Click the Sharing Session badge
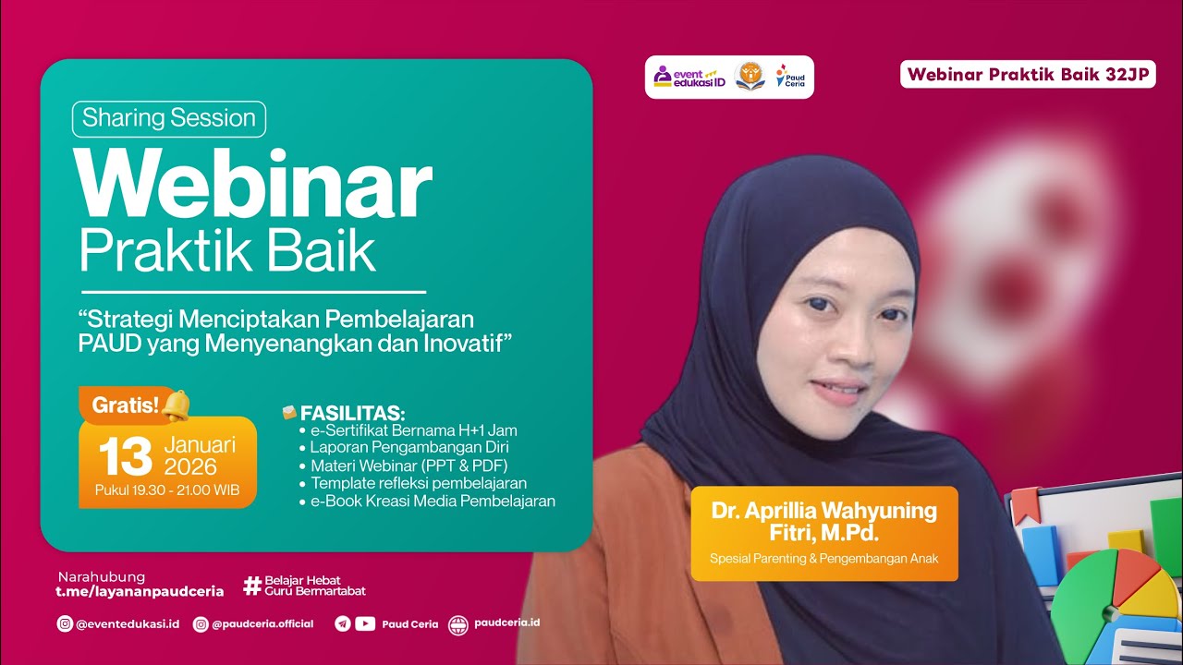click(169, 118)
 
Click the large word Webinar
click(255, 185)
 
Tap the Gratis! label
click(126, 404)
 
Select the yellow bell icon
click(176, 405)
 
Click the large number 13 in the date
click(126, 455)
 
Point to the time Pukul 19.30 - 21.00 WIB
click(166, 490)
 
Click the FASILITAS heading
click(352, 413)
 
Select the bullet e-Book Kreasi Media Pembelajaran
click(433, 502)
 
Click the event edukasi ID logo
click(689, 77)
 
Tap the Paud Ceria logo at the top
click(791, 77)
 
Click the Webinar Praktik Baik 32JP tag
click(1028, 75)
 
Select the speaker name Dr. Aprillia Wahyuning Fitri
click(823, 522)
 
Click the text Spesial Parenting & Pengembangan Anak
click(823, 558)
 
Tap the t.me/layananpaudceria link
click(140, 591)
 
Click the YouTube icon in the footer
click(365, 623)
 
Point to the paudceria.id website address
click(506, 623)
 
